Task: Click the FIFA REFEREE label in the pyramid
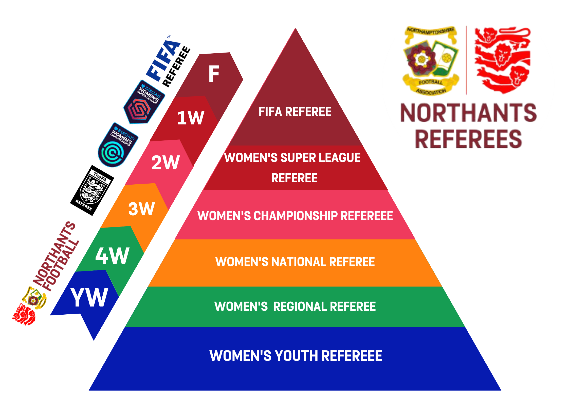(x=295, y=112)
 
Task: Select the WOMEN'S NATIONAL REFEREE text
(x=295, y=262)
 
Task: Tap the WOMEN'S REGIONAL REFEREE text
(x=295, y=307)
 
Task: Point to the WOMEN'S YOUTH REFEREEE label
(x=296, y=356)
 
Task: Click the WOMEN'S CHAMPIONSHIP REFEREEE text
(x=295, y=216)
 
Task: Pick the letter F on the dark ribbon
(x=214, y=74)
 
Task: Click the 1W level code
(x=190, y=118)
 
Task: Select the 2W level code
(x=166, y=163)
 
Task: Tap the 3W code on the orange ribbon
(x=141, y=209)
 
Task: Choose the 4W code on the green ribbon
(x=112, y=256)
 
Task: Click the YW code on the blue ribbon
(x=89, y=298)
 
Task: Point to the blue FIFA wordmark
(x=162, y=61)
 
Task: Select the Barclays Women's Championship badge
(x=118, y=145)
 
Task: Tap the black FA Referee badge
(x=92, y=190)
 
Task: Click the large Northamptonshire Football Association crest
(x=431, y=60)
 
